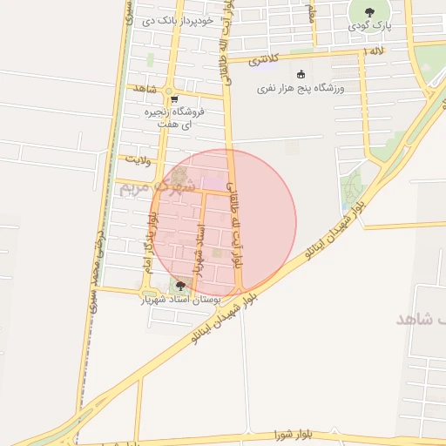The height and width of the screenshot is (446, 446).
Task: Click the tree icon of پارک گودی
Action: (x=369, y=12)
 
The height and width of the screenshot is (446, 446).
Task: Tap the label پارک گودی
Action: (x=370, y=27)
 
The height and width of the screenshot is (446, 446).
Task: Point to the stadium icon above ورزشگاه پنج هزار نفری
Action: (x=301, y=74)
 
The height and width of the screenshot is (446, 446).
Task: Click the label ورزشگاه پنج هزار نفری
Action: (x=301, y=89)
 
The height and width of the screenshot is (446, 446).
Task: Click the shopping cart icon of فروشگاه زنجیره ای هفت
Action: (x=174, y=99)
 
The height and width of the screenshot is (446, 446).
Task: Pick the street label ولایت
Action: (x=138, y=159)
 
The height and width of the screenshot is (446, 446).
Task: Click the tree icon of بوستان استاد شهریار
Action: (x=180, y=285)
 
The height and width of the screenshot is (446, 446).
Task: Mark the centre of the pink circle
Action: (x=223, y=223)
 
